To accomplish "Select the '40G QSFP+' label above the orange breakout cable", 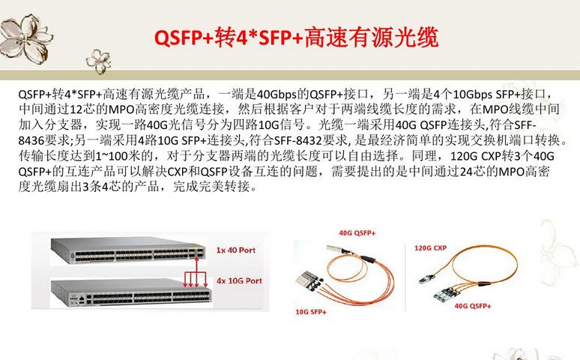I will coord(357,233).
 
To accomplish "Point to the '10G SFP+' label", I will coord(312,310).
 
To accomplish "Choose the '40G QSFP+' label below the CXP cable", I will coord(473,306).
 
